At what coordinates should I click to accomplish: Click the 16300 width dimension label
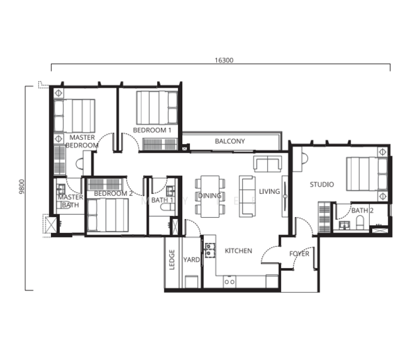pyautogui.click(x=224, y=60)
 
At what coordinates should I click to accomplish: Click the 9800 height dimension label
pyautogui.click(x=22, y=187)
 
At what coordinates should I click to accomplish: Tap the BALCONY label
pyautogui.click(x=230, y=141)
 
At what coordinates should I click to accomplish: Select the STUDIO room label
pyautogui.click(x=322, y=185)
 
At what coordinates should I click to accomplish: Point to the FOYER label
pyautogui.click(x=299, y=254)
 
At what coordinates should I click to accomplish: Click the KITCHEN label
pyautogui.click(x=239, y=251)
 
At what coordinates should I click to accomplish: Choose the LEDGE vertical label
pyautogui.click(x=172, y=260)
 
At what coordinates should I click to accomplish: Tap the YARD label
pyautogui.click(x=191, y=260)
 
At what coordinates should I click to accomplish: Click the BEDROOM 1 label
pyautogui.click(x=152, y=130)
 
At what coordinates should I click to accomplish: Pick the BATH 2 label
pyautogui.click(x=363, y=210)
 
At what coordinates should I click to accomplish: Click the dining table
pyautogui.click(x=210, y=197)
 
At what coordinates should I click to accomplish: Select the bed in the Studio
pyautogui.click(x=367, y=173)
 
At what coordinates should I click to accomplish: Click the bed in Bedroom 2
pyautogui.click(x=108, y=215)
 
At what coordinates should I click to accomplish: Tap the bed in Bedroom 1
pyautogui.click(x=157, y=107)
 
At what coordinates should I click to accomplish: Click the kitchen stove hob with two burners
pyautogui.click(x=210, y=250)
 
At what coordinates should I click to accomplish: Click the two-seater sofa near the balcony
pyautogui.click(x=267, y=164)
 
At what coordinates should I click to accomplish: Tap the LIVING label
pyautogui.click(x=270, y=191)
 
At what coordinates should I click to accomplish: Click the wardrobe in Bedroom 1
pyautogui.click(x=160, y=144)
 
